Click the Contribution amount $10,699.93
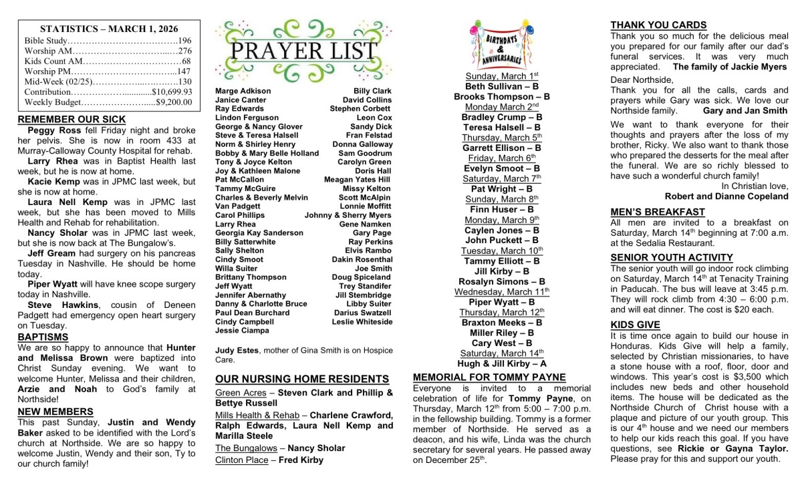172,92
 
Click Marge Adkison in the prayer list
243,91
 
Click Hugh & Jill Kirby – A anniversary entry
502,364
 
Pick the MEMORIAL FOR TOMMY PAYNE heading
489,377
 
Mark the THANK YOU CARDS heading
658,25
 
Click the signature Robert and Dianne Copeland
726,196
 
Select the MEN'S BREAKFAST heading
658,212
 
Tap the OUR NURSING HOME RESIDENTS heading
302,379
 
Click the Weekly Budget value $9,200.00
174,103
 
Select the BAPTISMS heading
43,337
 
